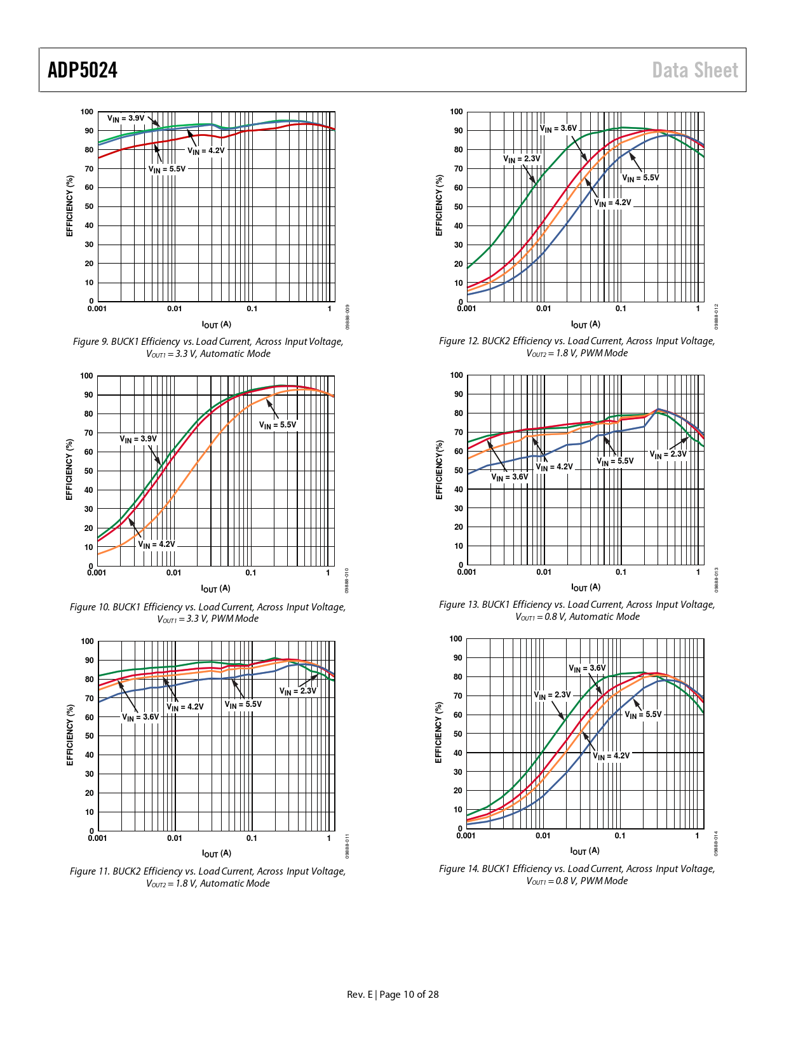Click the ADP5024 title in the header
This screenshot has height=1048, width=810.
[x=83, y=70]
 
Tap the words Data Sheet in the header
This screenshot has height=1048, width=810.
[x=695, y=70]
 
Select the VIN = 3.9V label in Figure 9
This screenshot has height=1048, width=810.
[x=126, y=118]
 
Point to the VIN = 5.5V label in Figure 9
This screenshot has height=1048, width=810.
[x=167, y=170]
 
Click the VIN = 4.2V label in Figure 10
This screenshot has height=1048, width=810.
[x=156, y=544]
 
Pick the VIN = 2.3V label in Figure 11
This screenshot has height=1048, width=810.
[x=298, y=691]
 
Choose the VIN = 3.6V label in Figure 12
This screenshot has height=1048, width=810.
[x=558, y=129]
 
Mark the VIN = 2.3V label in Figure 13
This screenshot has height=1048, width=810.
[x=668, y=454]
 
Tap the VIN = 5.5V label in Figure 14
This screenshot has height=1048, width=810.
[x=643, y=715]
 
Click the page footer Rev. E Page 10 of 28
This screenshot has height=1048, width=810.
[x=393, y=995]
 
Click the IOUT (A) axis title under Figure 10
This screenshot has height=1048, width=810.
[x=215, y=589]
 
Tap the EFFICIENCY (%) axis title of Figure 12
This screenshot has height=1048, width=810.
[x=438, y=205]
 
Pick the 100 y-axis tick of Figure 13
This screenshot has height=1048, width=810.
[x=456, y=375]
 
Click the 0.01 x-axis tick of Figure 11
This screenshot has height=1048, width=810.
[x=175, y=838]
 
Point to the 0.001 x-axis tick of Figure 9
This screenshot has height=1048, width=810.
[x=97, y=309]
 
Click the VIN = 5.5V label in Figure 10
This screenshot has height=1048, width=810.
[x=278, y=425]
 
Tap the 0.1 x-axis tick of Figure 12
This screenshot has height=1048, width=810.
[x=621, y=309]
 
